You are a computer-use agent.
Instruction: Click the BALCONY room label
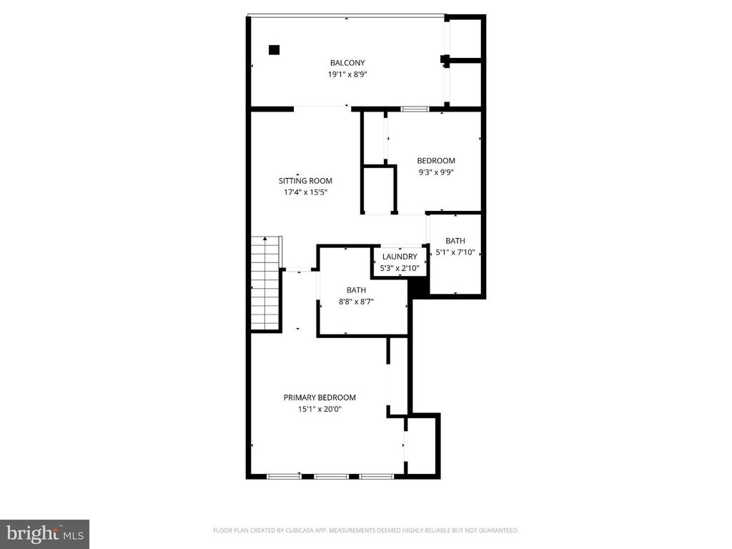[347, 63]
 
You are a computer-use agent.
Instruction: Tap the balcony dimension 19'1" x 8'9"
[347, 74]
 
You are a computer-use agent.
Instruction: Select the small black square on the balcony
[274, 49]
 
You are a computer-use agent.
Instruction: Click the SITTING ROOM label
[305, 181]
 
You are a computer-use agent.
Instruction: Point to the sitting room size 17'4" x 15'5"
[305, 192]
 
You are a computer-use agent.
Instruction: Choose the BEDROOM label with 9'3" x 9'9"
[436, 161]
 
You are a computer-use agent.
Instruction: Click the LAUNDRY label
[400, 257]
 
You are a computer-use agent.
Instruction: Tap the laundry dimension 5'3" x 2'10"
[400, 267]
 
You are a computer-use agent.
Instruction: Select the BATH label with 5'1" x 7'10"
[455, 241]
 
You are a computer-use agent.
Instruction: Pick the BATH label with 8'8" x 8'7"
[356, 290]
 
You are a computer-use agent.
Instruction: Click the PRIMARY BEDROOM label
[320, 398]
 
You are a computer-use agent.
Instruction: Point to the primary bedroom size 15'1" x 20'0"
[320, 409]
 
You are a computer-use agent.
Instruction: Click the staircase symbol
[264, 283]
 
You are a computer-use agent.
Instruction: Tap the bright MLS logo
[44, 533]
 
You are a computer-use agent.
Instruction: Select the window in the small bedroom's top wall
[414, 109]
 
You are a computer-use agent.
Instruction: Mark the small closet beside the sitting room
[379, 189]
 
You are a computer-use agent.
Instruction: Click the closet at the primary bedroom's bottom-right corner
[422, 445]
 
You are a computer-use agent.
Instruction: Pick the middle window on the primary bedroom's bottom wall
[330, 476]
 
